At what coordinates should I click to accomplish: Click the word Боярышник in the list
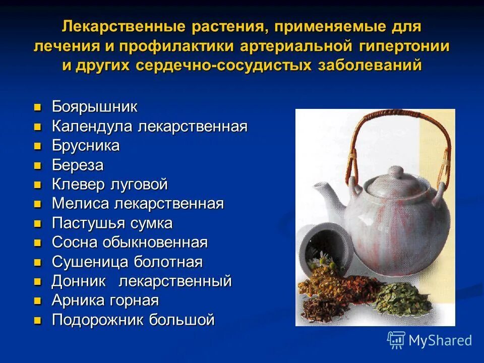pyautogui.click(x=94, y=107)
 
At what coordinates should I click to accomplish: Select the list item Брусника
pyautogui.click(x=86, y=146)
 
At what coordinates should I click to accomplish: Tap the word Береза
pyautogui.click(x=78, y=165)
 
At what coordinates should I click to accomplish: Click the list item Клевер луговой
pyautogui.click(x=109, y=185)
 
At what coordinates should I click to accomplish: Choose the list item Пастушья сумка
pyautogui.click(x=112, y=223)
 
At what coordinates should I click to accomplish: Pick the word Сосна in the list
pyautogui.click(x=75, y=243)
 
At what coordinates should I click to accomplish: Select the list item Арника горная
pyautogui.click(x=105, y=301)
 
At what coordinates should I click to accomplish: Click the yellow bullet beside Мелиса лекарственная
pyautogui.click(x=37, y=204)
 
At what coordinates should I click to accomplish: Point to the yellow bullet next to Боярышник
pyautogui.click(x=37, y=107)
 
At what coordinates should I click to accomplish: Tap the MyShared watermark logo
pyautogui.click(x=430, y=340)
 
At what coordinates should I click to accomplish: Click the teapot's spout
pyautogui.click(x=323, y=194)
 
